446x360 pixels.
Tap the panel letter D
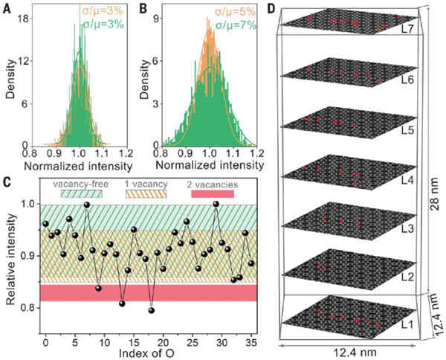point(271,9)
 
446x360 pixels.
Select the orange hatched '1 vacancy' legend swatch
point(146,194)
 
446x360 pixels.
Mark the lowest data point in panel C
point(152,310)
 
